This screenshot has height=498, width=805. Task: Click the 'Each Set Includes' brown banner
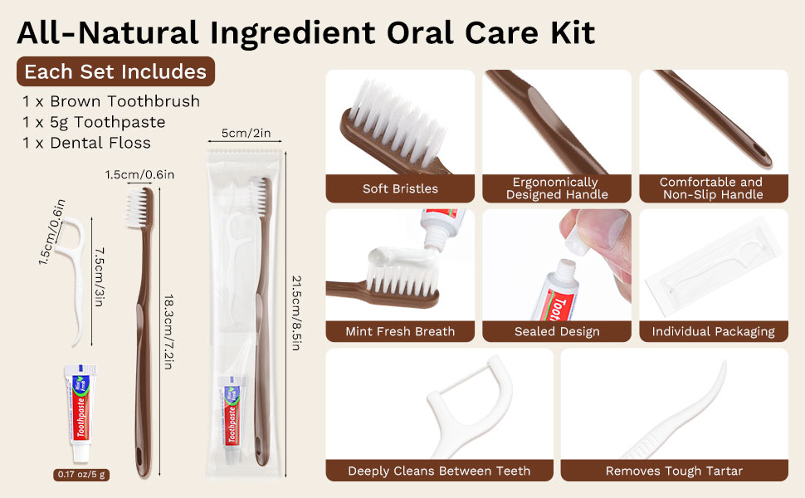click(x=115, y=71)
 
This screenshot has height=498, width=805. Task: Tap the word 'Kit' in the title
click(x=573, y=32)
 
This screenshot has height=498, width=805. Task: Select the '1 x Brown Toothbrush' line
click(x=111, y=101)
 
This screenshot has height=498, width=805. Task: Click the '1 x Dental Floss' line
click(x=86, y=142)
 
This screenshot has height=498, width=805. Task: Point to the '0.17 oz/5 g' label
click(x=81, y=475)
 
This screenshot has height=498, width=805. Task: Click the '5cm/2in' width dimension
click(x=246, y=133)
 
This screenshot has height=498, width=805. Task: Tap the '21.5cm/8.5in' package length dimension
click(x=296, y=313)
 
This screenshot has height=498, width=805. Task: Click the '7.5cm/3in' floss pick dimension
click(x=100, y=277)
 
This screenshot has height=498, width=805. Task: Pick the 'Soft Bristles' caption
click(x=401, y=188)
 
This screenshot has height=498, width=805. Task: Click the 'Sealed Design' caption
click(x=557, y=331)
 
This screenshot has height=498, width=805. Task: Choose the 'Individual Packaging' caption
click(x=713, y=332)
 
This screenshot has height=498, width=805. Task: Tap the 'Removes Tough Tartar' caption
click(x=674, y=471)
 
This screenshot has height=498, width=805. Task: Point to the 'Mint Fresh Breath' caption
click(x=400, y=331)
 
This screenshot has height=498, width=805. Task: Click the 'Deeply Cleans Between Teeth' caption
click(x=439, y=471)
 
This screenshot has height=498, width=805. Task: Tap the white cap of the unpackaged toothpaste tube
click(x=81, y=452)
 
